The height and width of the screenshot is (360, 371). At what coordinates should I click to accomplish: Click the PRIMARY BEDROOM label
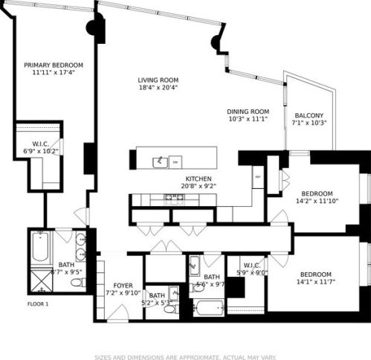[x=52, y=65]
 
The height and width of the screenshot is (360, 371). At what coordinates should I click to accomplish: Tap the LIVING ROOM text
[x=158, y=80]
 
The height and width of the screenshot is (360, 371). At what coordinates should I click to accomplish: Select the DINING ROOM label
[x=248, y=112]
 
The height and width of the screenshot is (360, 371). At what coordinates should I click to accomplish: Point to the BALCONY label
[x=309, y=115]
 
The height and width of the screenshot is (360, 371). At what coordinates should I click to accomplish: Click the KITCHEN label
[x=199, y=179]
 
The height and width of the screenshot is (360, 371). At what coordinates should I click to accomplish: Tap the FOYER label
[x=123, y=286]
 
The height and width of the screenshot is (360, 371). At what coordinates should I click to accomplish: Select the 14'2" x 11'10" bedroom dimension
[x=318, y=200]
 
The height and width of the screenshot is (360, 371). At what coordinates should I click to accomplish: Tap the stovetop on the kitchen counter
[x=174, y=198]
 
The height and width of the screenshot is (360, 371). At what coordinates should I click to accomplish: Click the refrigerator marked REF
[x=257, y=178]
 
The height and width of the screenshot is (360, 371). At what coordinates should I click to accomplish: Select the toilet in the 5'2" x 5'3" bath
[x=170, y=308]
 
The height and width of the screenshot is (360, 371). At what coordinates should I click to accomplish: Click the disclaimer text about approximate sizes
[x=185, y=356]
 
